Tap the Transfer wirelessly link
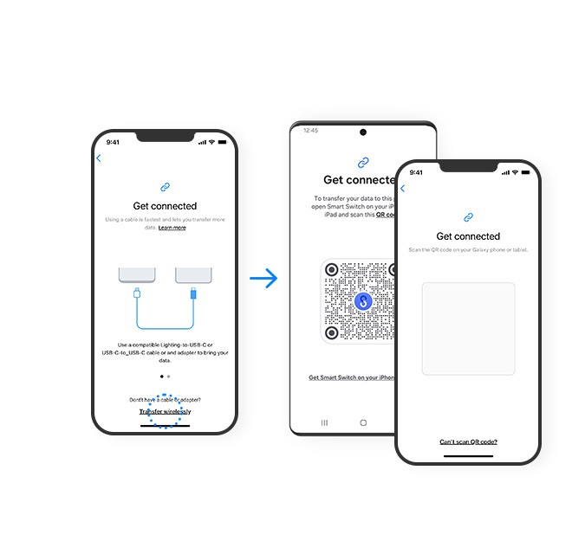pyautogui.click(x=165, y=411)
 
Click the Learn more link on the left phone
pyautogui.click(x=172, y=228)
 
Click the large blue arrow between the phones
pyautogui.click(x=263, y=278)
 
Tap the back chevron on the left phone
pyautogui.click(x=99, y=158)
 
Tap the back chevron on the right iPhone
pyautogui.click(x=402, y=189)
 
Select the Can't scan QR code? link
pyautogui.click(x=468, y=441)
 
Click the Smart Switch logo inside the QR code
pyautogui.click(x=363, y=301)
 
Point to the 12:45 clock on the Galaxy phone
pyautogui.click(x=310, y=131)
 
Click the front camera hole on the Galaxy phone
pyautogui.click(x=362, y=132)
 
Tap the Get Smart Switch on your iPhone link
pyautogui.click(x=352, y=377)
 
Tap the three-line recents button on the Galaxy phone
pyautogui.click(x=324, y=422)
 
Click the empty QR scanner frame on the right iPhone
pyautogui.click(x=468, y=328)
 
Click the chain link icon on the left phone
pyautogui.click(x=165, y=186)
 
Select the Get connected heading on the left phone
pyautogui.click(x=165, y=206)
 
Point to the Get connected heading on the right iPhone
pyautogui.click(x=468, y=236)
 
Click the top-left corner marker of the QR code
pyautogui.click(x=331, y=269)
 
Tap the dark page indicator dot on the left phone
pyautogui.click(x=161, y=377)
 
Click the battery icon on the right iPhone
pyautogui.click(x=525, y=172)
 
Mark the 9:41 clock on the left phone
pyautogui.click(x=114, y=142)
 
